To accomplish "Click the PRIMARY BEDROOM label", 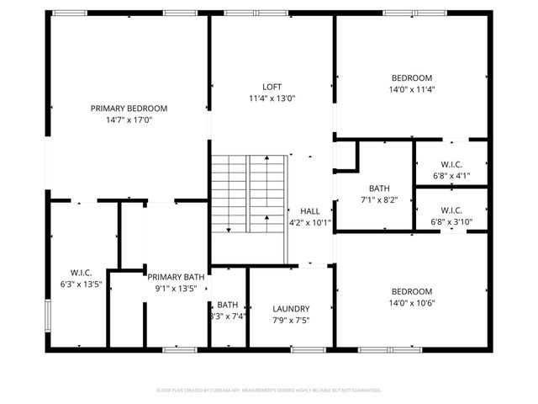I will click(129, 108).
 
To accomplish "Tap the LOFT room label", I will click(272, 87).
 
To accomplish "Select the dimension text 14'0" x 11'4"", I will click(411, 89).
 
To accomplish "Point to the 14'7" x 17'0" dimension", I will click(129, 120).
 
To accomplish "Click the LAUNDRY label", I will click(292, 309).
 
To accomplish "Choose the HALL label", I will click(310, 211).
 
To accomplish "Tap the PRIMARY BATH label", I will click(176, 277).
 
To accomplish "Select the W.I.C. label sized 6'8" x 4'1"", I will click(451, 164).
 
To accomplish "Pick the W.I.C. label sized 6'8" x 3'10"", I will click(451, 210).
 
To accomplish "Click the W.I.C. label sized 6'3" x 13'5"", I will click(82, 273).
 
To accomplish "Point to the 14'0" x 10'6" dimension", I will click(411, 304).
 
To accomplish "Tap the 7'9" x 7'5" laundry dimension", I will click(292, 321).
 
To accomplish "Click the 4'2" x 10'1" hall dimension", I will click(310, 223).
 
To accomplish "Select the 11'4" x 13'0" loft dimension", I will click(272, 98).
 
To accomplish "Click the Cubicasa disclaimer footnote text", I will click(269, 391).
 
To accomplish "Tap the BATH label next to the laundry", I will click(227, 305).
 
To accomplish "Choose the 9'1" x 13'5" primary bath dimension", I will click(176, 289).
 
